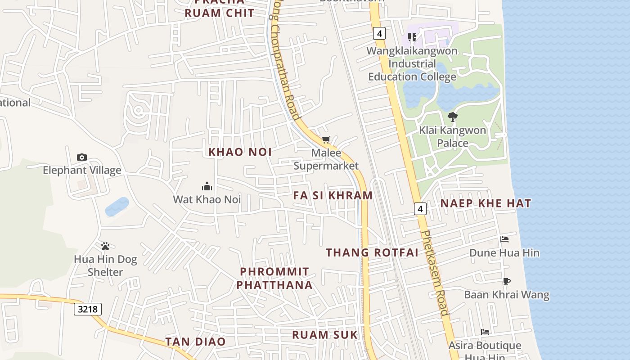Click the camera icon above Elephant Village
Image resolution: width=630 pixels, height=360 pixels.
81,157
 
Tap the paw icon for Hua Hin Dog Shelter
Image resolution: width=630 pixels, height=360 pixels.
105,246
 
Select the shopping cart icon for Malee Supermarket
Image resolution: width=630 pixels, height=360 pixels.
326,140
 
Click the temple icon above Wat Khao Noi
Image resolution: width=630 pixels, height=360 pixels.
207,186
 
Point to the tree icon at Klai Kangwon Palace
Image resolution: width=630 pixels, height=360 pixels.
453,117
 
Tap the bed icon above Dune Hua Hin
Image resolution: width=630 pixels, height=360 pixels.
504,239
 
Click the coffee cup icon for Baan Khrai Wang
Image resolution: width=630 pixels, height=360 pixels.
507,282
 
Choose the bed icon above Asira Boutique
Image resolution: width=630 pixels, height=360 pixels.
485,332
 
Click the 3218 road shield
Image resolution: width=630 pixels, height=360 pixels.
88,309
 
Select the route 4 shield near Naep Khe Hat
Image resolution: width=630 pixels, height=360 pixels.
420,209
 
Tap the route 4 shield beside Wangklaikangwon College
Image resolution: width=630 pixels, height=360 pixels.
380,33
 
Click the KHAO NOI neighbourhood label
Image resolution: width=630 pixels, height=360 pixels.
240,152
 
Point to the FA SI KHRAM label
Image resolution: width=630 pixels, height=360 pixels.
333,195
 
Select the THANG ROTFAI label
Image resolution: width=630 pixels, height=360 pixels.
372,252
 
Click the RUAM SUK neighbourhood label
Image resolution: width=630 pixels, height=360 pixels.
325,335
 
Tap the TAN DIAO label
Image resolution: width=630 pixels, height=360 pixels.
195,342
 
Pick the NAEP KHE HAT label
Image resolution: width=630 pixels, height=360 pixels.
486,203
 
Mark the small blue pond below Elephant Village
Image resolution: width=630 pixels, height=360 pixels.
117,207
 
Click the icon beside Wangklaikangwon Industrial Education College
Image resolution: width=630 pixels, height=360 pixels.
412,37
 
